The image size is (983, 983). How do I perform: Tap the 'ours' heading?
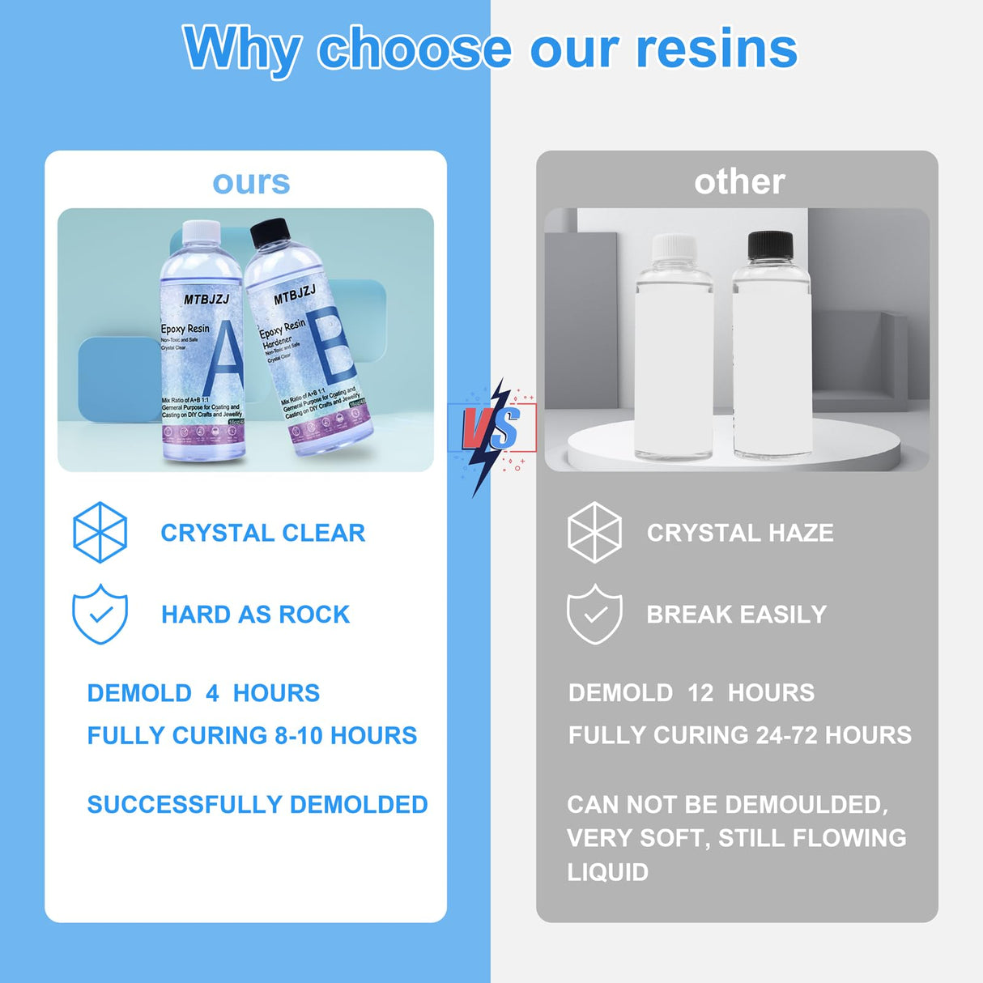251,183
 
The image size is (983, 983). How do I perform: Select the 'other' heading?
739,182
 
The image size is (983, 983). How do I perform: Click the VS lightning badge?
491,429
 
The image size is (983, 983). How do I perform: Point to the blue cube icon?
100,532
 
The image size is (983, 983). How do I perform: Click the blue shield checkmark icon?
100,614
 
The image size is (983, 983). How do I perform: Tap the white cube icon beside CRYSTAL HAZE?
594,532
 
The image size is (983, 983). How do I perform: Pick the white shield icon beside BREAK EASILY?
594,614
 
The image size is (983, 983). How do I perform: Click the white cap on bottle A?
201,232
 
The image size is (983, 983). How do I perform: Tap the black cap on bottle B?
270,232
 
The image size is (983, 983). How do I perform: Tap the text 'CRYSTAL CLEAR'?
262,533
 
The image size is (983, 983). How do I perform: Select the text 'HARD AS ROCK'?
255,615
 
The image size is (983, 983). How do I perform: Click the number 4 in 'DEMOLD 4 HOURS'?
212,693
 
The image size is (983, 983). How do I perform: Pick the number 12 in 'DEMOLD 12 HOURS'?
700,693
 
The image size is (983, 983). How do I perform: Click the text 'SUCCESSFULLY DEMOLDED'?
257,805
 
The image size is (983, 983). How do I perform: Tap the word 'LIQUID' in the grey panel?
608,872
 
